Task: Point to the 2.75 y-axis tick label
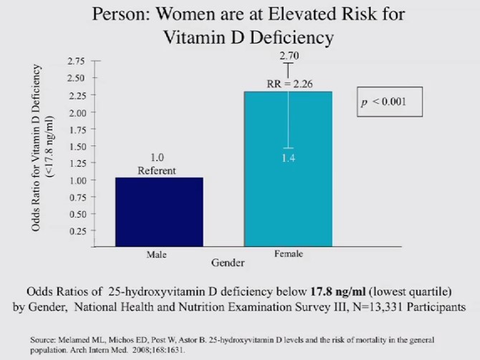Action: click(75, 61)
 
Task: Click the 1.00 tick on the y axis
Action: click(75, 180)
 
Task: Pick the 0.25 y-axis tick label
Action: click(75, 230)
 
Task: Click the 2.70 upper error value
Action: click(289, 54)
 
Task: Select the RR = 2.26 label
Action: click(289, 84)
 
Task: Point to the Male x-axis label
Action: click(156, 254)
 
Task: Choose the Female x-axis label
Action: click(289, 254)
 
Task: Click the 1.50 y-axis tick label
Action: click(75, 146)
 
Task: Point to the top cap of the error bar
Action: click(289, 63)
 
